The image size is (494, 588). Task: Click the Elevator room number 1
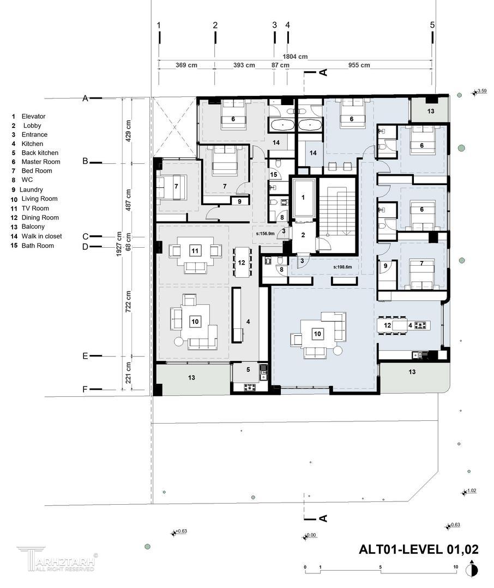pos(303,197)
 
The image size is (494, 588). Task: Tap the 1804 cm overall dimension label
pos(295,57)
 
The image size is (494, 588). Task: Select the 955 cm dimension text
pos(359,65)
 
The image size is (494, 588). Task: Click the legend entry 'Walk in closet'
pos(37,236)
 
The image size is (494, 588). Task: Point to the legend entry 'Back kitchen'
pos(35,153)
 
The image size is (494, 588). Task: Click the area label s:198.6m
pos(342,267)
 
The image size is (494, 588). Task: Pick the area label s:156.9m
pos(265,234)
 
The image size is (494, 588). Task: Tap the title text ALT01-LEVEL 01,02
pos(419,549)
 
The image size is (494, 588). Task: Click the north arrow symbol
pos(472,569)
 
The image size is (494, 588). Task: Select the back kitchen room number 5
pos(248,370)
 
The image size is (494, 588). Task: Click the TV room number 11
pos(195,250)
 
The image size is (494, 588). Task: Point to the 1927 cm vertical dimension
pos(119,244)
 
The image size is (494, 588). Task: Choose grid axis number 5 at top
pos(432,24)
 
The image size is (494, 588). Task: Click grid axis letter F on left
pos(85,390)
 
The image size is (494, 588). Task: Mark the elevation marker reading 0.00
pos(310,536)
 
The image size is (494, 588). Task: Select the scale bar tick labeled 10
pos(456,567)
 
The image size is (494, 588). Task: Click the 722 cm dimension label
pos(128,302)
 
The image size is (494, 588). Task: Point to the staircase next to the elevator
pos(337,215)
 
